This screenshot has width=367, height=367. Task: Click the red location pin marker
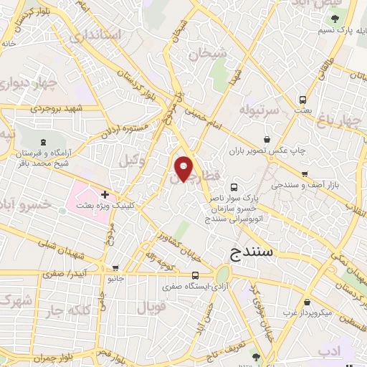[x=184, y=168]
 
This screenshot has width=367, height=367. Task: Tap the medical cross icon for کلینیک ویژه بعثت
[x=105, y=194]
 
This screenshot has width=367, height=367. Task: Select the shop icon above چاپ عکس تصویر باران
[x=267, y=138]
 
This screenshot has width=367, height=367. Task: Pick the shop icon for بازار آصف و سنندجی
[x=305, y=173]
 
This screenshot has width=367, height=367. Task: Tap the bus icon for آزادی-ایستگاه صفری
[x=196, y=275]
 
